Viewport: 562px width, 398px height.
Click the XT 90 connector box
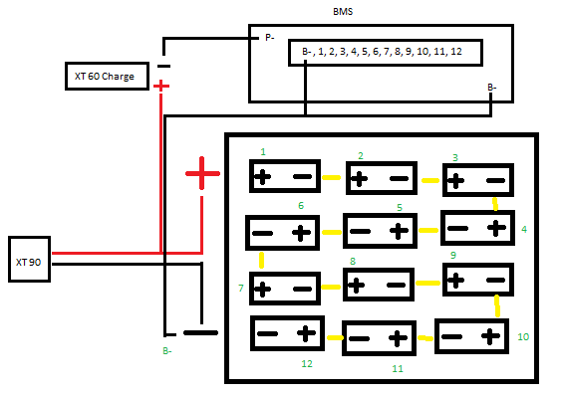pyautogui.click(x=29, y=259)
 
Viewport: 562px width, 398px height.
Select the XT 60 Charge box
pyautogui.click(x=107, y=76)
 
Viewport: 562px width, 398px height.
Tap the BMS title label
pyautogui.click(x=343, y=12)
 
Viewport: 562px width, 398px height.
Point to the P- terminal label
pyautogui.click(x=269, y=38)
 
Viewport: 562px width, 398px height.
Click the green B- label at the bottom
pyautogui.click(x=167, y=351)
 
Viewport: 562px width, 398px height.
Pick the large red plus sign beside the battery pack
pyautogui.click(x=202, y=173)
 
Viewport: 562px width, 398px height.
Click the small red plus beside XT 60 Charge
pyautogui.click(x=161, y=86)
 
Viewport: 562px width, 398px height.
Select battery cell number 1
pyautogui.click(x=285, y=176)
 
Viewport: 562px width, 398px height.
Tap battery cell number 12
pyautogui.click(x=287, y=333)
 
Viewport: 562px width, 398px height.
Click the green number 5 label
pyautogui.click(x=400, y=208)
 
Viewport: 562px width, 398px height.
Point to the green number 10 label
pyautogui.click(x=523, y=336)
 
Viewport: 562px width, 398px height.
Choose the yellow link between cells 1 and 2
pyautogui.click(x=332, y=177)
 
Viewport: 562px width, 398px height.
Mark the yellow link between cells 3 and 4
pyautogui.click(x=495, y=204)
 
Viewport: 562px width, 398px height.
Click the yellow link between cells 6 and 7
pyautogui.click(x=262, y=261)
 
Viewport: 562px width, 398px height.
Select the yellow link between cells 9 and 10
pyautogui.click(x=497, y=305)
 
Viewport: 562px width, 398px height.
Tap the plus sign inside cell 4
pyautogui.click(x=496, y=228)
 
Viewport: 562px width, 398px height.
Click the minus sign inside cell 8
pyautogui.click(x=396, y=286)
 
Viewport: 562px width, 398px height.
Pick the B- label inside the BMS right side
pyautogui.click(x=492, y=88)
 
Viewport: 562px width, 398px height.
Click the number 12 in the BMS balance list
pyautogui.click(x=456, y=52)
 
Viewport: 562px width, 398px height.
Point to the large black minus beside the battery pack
pyautogui.click(x=200, y=333)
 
